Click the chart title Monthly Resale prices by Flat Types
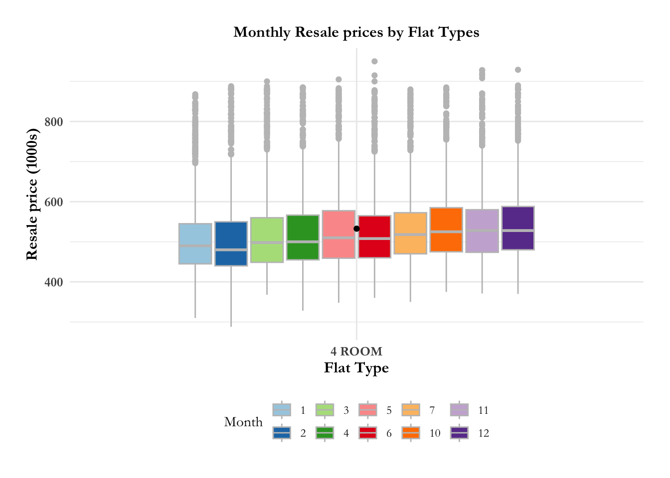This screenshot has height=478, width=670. click(x=356, y=32)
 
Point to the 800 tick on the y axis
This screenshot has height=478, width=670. click(x=53, y=121)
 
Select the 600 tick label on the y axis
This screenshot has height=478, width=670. click(x=53, y=202)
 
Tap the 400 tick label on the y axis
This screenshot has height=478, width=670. click(x=53, y=282)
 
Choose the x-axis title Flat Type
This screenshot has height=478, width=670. click(x=356, y=368)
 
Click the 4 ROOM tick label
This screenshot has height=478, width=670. click(x=356, y=352)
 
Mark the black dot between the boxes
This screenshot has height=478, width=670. click(x=356, y=229)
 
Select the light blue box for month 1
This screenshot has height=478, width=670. click(x=195, y=243)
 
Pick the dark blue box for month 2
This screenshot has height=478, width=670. click(x=231, y=243)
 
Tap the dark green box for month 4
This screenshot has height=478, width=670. click(x=303, y=237)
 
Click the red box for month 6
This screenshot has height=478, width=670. click(x=374, y=237)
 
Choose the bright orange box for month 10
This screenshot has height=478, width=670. click(x=446, y=230)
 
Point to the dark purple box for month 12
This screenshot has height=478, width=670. click(x=518, y=228)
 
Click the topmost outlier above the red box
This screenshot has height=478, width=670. click(x=374, y=61)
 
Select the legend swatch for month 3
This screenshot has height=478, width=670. click(x=325, y=410)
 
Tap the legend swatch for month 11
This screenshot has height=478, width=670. click(x=459, y=410)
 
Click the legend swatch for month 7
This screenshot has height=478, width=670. click(x=410, y=410)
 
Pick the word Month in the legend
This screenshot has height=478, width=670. click(x=243, y=422)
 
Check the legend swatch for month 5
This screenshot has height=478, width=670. click(x=367, y=410)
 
